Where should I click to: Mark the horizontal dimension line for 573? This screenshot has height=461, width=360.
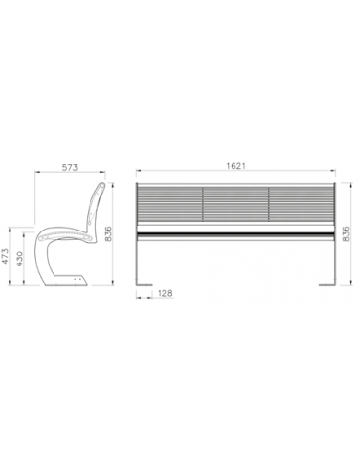tap(70, 176)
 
